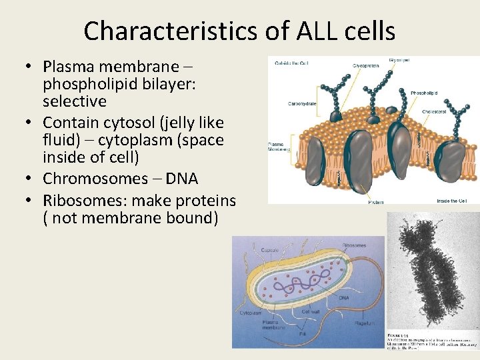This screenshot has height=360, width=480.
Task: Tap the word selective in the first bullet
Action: click(x=75, y=101)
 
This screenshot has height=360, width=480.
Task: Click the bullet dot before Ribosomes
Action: click(x=31, y=201)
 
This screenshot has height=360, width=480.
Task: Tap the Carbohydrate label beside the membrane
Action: click(x=302, y=104)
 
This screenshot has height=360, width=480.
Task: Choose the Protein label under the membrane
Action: click(x=375, y=201)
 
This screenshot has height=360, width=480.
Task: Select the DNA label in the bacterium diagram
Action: click(x=344, y=298)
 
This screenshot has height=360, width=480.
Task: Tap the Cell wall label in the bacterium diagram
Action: click(x=312, y=312)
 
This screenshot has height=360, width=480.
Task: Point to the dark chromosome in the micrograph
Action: click(x=427, y=273)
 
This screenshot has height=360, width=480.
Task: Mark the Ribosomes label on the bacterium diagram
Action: click(x=354, y=245)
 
